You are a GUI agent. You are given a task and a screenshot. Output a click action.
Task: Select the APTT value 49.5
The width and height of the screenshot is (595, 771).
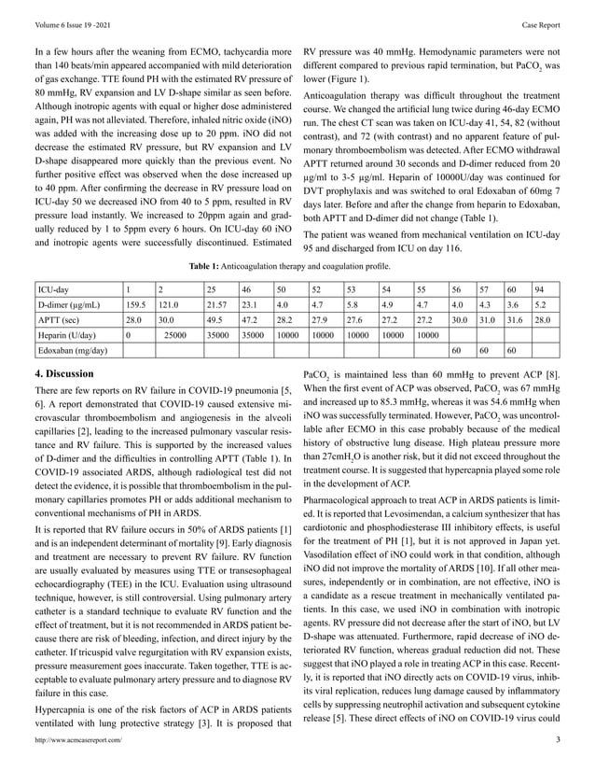point(217,319)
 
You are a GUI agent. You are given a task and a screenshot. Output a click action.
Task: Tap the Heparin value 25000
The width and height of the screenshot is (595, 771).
point(176,334)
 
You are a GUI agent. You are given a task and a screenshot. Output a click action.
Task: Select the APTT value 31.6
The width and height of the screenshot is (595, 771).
point(512,319)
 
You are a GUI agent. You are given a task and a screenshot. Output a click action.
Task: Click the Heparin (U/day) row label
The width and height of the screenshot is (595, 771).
point(67,334)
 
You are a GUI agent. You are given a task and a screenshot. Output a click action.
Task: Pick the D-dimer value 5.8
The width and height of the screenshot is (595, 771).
point(353,304)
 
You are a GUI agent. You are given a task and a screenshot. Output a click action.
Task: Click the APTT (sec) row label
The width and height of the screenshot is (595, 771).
point(61,319)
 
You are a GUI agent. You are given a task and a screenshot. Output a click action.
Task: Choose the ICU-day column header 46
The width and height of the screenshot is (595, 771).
point(247,289)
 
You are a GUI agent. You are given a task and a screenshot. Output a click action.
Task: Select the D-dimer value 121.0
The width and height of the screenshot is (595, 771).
point(168,304)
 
